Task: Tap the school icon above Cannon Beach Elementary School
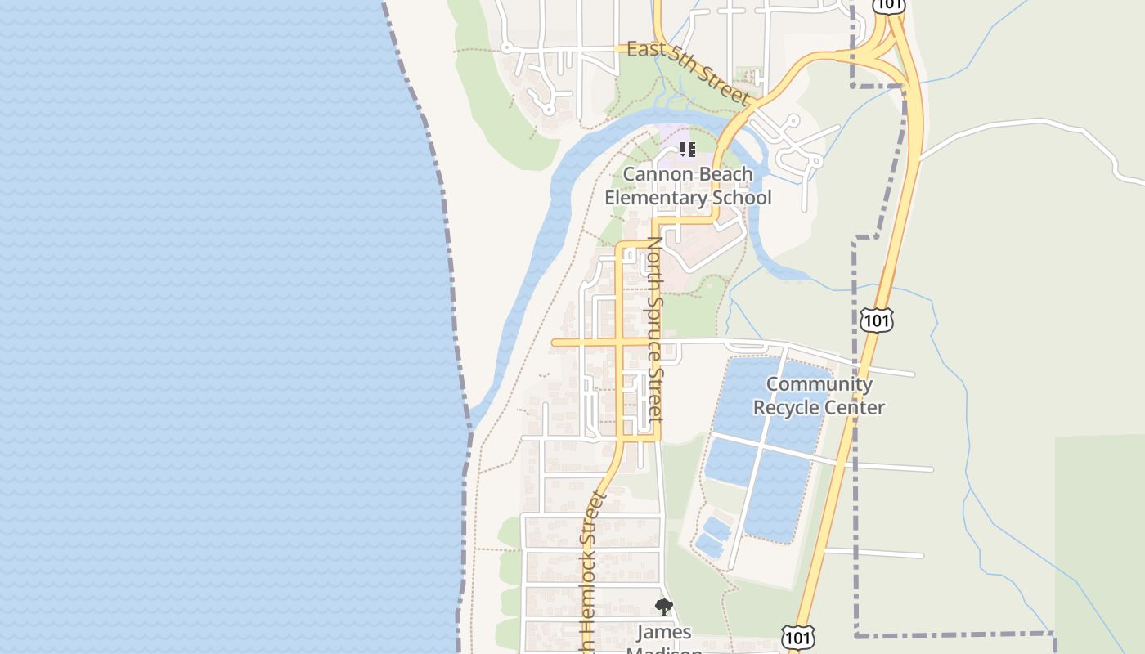pyautogui.click(x=688, y=150)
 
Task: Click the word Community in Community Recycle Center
pyautogui.click(x=819, y=384)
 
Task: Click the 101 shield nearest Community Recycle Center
pyautogui.click(x=876, y=320)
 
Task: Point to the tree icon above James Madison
pyautogui.click(x=664, y=607)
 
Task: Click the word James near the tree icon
pyautogui.click(x=664, y=632)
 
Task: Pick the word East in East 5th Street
pyautogui.click(x=645, y=50)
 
